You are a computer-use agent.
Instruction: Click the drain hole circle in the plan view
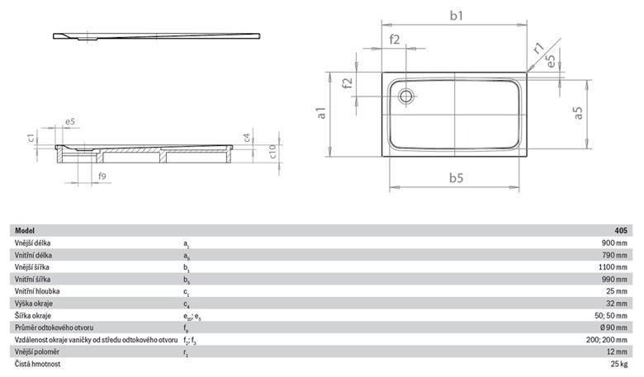point(406,97)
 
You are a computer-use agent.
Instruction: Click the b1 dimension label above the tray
point(457,16)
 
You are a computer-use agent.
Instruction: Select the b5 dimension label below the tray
point(456,177)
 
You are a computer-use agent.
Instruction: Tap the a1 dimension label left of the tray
point(321,113)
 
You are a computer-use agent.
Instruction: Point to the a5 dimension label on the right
point(577,113)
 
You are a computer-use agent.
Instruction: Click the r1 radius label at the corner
point(538,48)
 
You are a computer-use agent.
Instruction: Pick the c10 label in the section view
point(272,152)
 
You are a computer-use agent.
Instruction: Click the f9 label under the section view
point(102,176)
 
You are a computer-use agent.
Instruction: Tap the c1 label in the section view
point(31,136)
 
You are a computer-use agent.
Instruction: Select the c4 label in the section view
point(246,137)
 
